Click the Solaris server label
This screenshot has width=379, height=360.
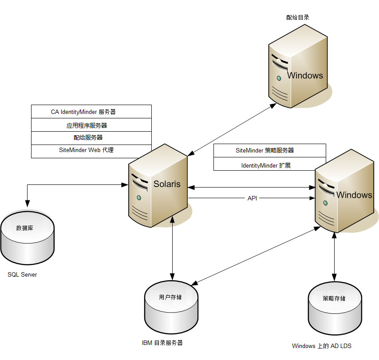pos(167,184)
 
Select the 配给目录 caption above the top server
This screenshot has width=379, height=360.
pos(297,18)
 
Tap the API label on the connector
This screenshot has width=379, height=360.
pos(252,198)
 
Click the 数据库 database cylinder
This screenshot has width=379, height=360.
pos(27,239)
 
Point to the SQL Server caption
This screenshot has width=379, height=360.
pos(22,275)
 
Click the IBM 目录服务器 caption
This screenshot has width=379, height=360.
pos(162,343)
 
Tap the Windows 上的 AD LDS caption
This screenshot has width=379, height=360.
pos(322,346)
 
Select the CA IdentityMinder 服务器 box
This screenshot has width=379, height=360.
pos(91,112)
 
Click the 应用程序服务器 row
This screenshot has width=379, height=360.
pos(91,125)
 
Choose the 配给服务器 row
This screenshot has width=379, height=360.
pos(91,138)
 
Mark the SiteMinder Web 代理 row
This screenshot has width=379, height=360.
pos(91,151)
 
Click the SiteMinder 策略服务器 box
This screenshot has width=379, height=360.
pos(269,150)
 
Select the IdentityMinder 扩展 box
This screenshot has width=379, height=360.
pos(269,165)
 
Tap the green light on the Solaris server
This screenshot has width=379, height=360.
pos(139,197)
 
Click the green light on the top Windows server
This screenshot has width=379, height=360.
pos(279,78)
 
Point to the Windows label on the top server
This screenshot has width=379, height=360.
pos(305,75)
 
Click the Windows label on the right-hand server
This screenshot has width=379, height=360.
pos(354,195)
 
